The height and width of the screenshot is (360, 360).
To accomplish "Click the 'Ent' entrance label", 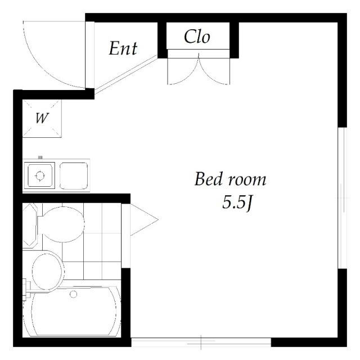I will tap(123, 48).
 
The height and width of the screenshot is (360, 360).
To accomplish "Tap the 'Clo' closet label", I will tap(197, 37).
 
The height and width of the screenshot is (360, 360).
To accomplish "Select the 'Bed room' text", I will tap(230, 180).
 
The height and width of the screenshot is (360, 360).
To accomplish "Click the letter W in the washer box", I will tap(41, 118).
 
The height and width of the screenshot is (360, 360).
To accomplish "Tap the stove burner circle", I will tap(39, 175).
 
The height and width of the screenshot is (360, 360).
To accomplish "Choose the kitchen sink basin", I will tap(74, 175).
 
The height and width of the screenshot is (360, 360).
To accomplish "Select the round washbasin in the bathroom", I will tap(47, 271).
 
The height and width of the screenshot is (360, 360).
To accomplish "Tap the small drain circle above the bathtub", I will tap(73, 294).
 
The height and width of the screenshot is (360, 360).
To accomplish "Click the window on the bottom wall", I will tap(201, 341).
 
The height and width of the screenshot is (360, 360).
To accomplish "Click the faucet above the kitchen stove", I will tap(40, 158).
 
